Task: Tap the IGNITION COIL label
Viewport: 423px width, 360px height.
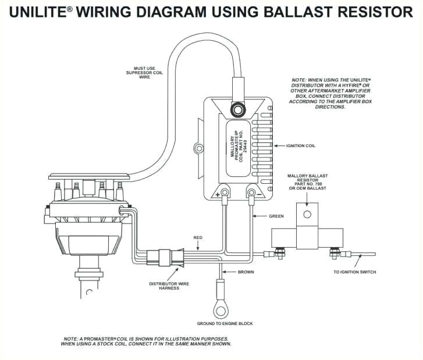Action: tap(301, 145)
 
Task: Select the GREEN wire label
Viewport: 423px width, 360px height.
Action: tap(276, 216)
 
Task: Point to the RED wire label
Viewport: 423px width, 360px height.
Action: tap(198, 237)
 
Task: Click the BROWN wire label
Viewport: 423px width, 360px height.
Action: tap(246, 272)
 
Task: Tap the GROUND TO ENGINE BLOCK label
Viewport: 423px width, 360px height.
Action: tap(225, 323)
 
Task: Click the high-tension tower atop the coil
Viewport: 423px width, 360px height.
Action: tap(237, 109)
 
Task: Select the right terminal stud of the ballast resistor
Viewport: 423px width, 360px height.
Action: tap(335, 254)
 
